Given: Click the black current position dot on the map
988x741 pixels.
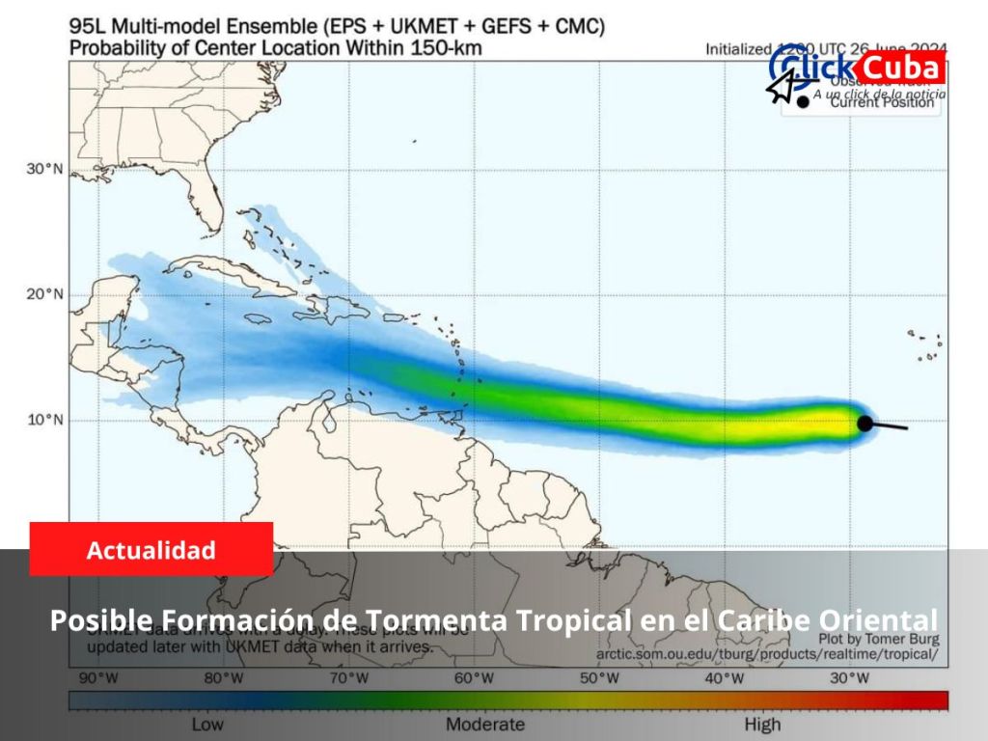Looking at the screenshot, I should pos(865,423).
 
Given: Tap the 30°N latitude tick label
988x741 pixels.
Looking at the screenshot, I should pos(43,169).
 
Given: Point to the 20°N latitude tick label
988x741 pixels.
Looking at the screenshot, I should pos(43,294).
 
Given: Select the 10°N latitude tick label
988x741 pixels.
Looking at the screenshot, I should pos(43,420).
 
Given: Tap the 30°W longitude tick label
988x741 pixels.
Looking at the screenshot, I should pos(849,678).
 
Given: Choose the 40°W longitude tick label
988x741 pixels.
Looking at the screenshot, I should pos(725,678).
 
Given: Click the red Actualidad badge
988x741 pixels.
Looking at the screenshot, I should pos(151,550).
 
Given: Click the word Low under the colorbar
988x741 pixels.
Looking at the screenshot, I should pos(209,724).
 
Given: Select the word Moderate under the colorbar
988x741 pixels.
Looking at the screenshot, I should pos(485,724).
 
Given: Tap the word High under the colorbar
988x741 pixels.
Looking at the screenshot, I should pos(762,724).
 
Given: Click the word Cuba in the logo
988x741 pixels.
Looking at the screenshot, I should pos(899,69).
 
